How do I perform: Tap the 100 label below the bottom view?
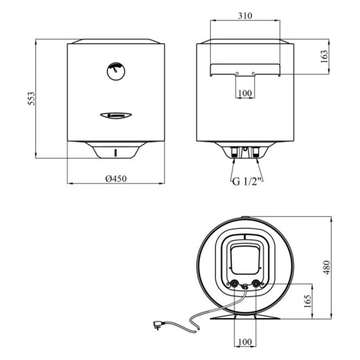click(245, 342)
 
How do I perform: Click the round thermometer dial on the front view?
click(115, 70)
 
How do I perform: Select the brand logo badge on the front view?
click(115, 114)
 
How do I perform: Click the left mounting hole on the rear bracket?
click(236, 73)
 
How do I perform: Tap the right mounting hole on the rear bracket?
click(255, 73)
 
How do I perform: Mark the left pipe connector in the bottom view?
click(234, 284)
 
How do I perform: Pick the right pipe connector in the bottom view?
click(256, 284)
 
